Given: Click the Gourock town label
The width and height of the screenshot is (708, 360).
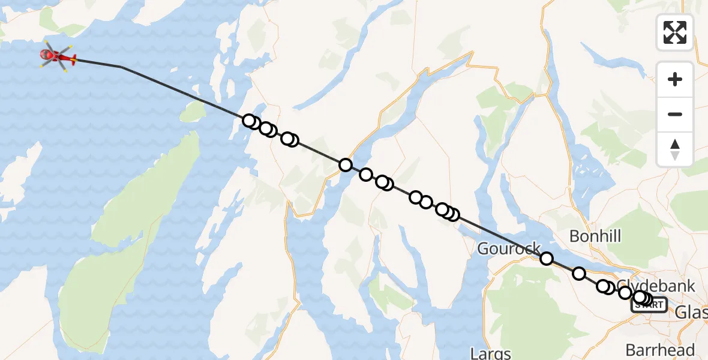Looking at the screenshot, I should click(x=509, y=248).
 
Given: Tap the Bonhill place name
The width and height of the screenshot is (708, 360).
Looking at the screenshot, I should click(x=595, y=236).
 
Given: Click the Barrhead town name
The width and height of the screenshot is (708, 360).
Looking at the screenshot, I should click(x=660, y=350).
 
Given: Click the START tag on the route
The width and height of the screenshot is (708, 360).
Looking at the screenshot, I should click(x=649, y=305).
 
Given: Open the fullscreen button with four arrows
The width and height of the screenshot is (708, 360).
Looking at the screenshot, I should click(x=675, y=32).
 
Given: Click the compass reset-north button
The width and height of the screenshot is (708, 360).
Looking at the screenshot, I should click(x=675, y=149).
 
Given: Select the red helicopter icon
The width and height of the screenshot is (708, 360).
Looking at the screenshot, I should click(x=58, y=58).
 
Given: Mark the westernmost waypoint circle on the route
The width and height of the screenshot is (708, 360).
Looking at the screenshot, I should click(x=249, y=121).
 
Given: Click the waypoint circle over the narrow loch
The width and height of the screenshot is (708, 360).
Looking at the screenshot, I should click(x=345, y=164).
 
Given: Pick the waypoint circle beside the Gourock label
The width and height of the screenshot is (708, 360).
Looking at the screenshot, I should click(x=547, y=259).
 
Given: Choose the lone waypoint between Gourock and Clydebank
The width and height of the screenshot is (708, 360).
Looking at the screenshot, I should click(x=579, y=274).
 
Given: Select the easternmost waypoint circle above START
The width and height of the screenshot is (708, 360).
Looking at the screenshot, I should click(x=646, y=299).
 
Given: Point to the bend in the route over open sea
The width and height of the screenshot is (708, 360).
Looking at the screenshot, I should click(x=121, y=67).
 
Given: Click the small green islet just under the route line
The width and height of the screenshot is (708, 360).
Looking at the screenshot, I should click(x=193, y=111).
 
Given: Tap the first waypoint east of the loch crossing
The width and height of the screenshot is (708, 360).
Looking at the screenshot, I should click(x=366, y=175).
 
